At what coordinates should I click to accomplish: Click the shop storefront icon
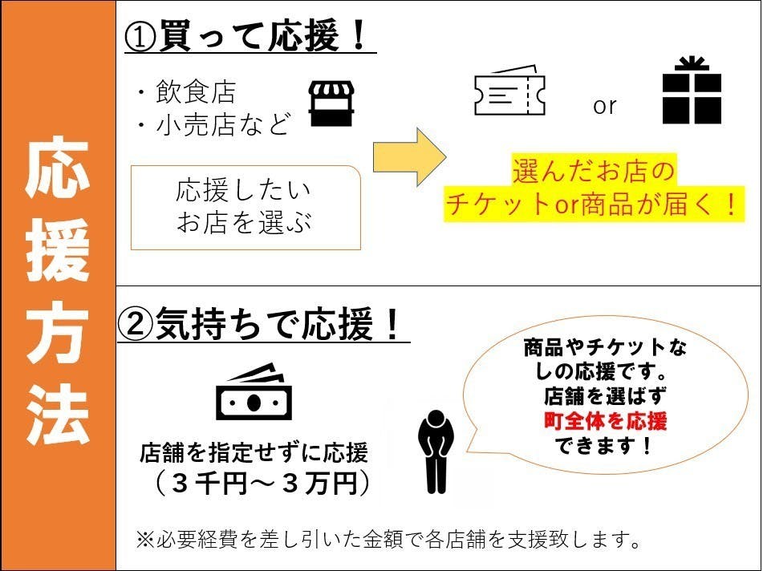(331, 103)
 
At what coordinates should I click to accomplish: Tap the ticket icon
(509, 91)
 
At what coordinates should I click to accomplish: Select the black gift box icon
(692, 91)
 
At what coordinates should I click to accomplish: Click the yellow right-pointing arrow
(409, 156)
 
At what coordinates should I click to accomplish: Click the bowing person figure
(436, 452)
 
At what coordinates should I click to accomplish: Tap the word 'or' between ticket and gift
(604, 106)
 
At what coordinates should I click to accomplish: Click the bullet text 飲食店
(196, 92)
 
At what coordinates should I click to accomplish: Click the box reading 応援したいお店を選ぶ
(246, 208)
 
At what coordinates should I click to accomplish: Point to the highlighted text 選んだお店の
(594, 171)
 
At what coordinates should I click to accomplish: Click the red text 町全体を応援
(605, 421)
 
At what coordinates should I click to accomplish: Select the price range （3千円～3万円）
(262, 484)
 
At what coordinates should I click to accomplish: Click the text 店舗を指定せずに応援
(254, 453)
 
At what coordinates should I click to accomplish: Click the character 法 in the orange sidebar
(58, 415)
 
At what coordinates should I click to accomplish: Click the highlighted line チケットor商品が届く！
(594, 205)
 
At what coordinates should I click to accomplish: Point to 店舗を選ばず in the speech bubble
(605, 396)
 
